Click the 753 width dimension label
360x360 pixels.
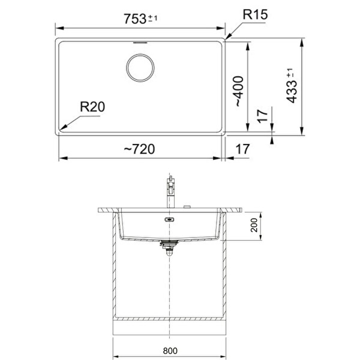[135, 19]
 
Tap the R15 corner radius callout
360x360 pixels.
[255, 14]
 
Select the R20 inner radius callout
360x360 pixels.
[92, 107]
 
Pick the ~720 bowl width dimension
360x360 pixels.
[139, 149]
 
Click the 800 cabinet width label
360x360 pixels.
[170, 350]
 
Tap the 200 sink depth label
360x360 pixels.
[254, 225]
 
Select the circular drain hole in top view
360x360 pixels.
[140, 68]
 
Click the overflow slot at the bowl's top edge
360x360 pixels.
[140, 43]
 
